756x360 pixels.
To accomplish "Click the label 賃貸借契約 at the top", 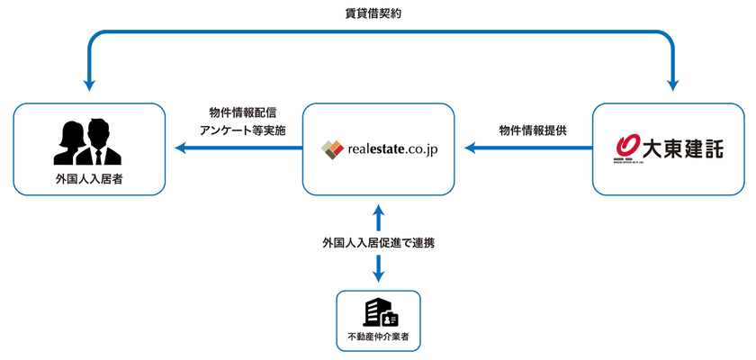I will pyautogui.click(x=378, y=13).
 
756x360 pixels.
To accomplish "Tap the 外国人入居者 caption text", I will pyautogui.click(x=89, y=180).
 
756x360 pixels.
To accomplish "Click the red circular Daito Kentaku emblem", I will pyautogui.click(x=627, y=143).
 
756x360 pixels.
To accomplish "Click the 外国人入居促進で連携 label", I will pyautogui.click(x=378, y=242).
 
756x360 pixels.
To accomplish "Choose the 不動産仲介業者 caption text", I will pyautogui.click(x=378, y=339).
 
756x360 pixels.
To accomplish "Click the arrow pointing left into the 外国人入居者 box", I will pyautogui.click(x=180, y=149).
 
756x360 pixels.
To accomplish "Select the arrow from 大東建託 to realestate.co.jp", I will pyautogui.click(x=523, y=149).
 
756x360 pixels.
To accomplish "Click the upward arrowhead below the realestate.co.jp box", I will pyautogui.click(x=378, y=210).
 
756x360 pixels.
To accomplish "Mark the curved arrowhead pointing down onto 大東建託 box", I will pyautogui.click(x=672, y=84).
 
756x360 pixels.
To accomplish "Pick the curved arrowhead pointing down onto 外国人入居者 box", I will pyautogui.click(x=89, y=84).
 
